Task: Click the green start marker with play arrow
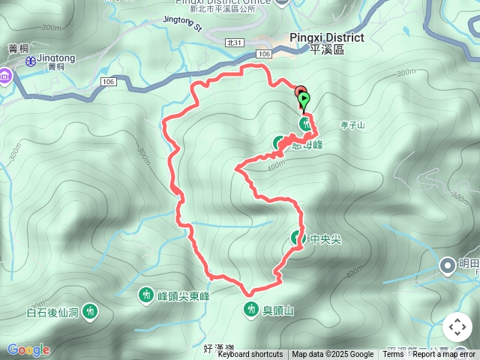pyautogui.click(x=304, y=97)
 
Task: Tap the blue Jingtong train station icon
pyautogui.click(x=30, y=62)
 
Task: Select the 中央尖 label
pyautogui.click(x=325, y=240)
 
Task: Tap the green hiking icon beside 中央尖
pyautogui.click(x=298, y=239)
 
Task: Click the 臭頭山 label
pyautogui.click(x=277, y=309)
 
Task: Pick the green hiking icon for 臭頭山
pyautogui.click(x=250, y=308)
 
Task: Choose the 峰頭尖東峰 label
pyautogui.click(x=184, y=296)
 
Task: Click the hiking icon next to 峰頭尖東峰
pyautogui.click(x=146, y=295)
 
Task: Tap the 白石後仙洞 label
pyautogui.click(x=52, y=310)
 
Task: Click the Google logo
pyautogui.click(x=28, y=349)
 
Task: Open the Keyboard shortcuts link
pyautogui.click(x=250, y=355)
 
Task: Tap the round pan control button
pyautogui.click(x=457, y=327)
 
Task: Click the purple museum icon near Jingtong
pyautogui.click(x=6, y=76)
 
